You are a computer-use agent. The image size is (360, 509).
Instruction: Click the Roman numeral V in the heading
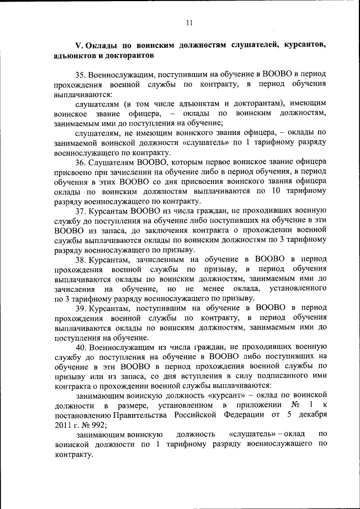[x=79, y=44]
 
